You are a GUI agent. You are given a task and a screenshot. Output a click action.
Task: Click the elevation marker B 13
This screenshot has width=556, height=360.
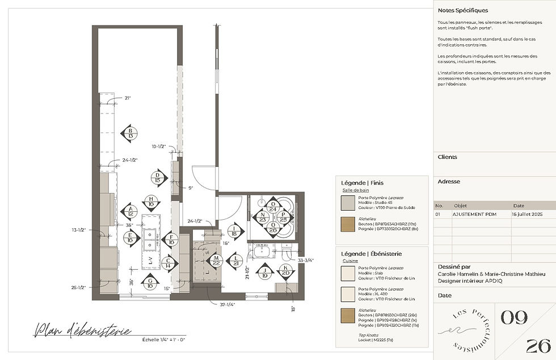pyautogui.click(x=130, y=133)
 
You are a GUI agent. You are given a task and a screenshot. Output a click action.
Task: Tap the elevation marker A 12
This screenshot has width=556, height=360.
pyautogui.click(x=130, y=211)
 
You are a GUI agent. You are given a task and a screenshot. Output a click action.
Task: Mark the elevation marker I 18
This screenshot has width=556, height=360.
pyautogui.click(x=234, y=230)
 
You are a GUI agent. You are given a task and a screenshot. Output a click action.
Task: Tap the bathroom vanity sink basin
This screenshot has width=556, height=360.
pyautogui.click(x=262, y=251)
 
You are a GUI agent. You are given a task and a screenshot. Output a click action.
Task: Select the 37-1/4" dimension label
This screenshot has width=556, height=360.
pyautogui.click(x=227, y=304)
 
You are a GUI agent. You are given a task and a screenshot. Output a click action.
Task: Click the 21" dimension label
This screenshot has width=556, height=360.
pyautogui.click(x=128, y=98)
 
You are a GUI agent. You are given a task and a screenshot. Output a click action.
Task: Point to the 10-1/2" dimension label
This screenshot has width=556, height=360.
pyautogui.click(x=158, y=146)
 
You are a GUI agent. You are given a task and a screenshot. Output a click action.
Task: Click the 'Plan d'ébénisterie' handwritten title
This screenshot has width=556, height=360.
pyautogui.click(x=83, y=330)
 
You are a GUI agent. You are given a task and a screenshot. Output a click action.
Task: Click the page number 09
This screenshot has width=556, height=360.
pyautogui.click(x=515, y=319)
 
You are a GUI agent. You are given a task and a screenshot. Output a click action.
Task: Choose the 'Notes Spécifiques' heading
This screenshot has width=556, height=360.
pyautogui.click(x=462, y=10)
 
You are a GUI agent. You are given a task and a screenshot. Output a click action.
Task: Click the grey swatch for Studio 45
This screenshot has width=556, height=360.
pyautogui.click(x=348, y=203)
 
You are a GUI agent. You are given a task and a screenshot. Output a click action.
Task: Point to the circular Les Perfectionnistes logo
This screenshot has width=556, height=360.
pyautogui.click(x=464, y=330)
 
